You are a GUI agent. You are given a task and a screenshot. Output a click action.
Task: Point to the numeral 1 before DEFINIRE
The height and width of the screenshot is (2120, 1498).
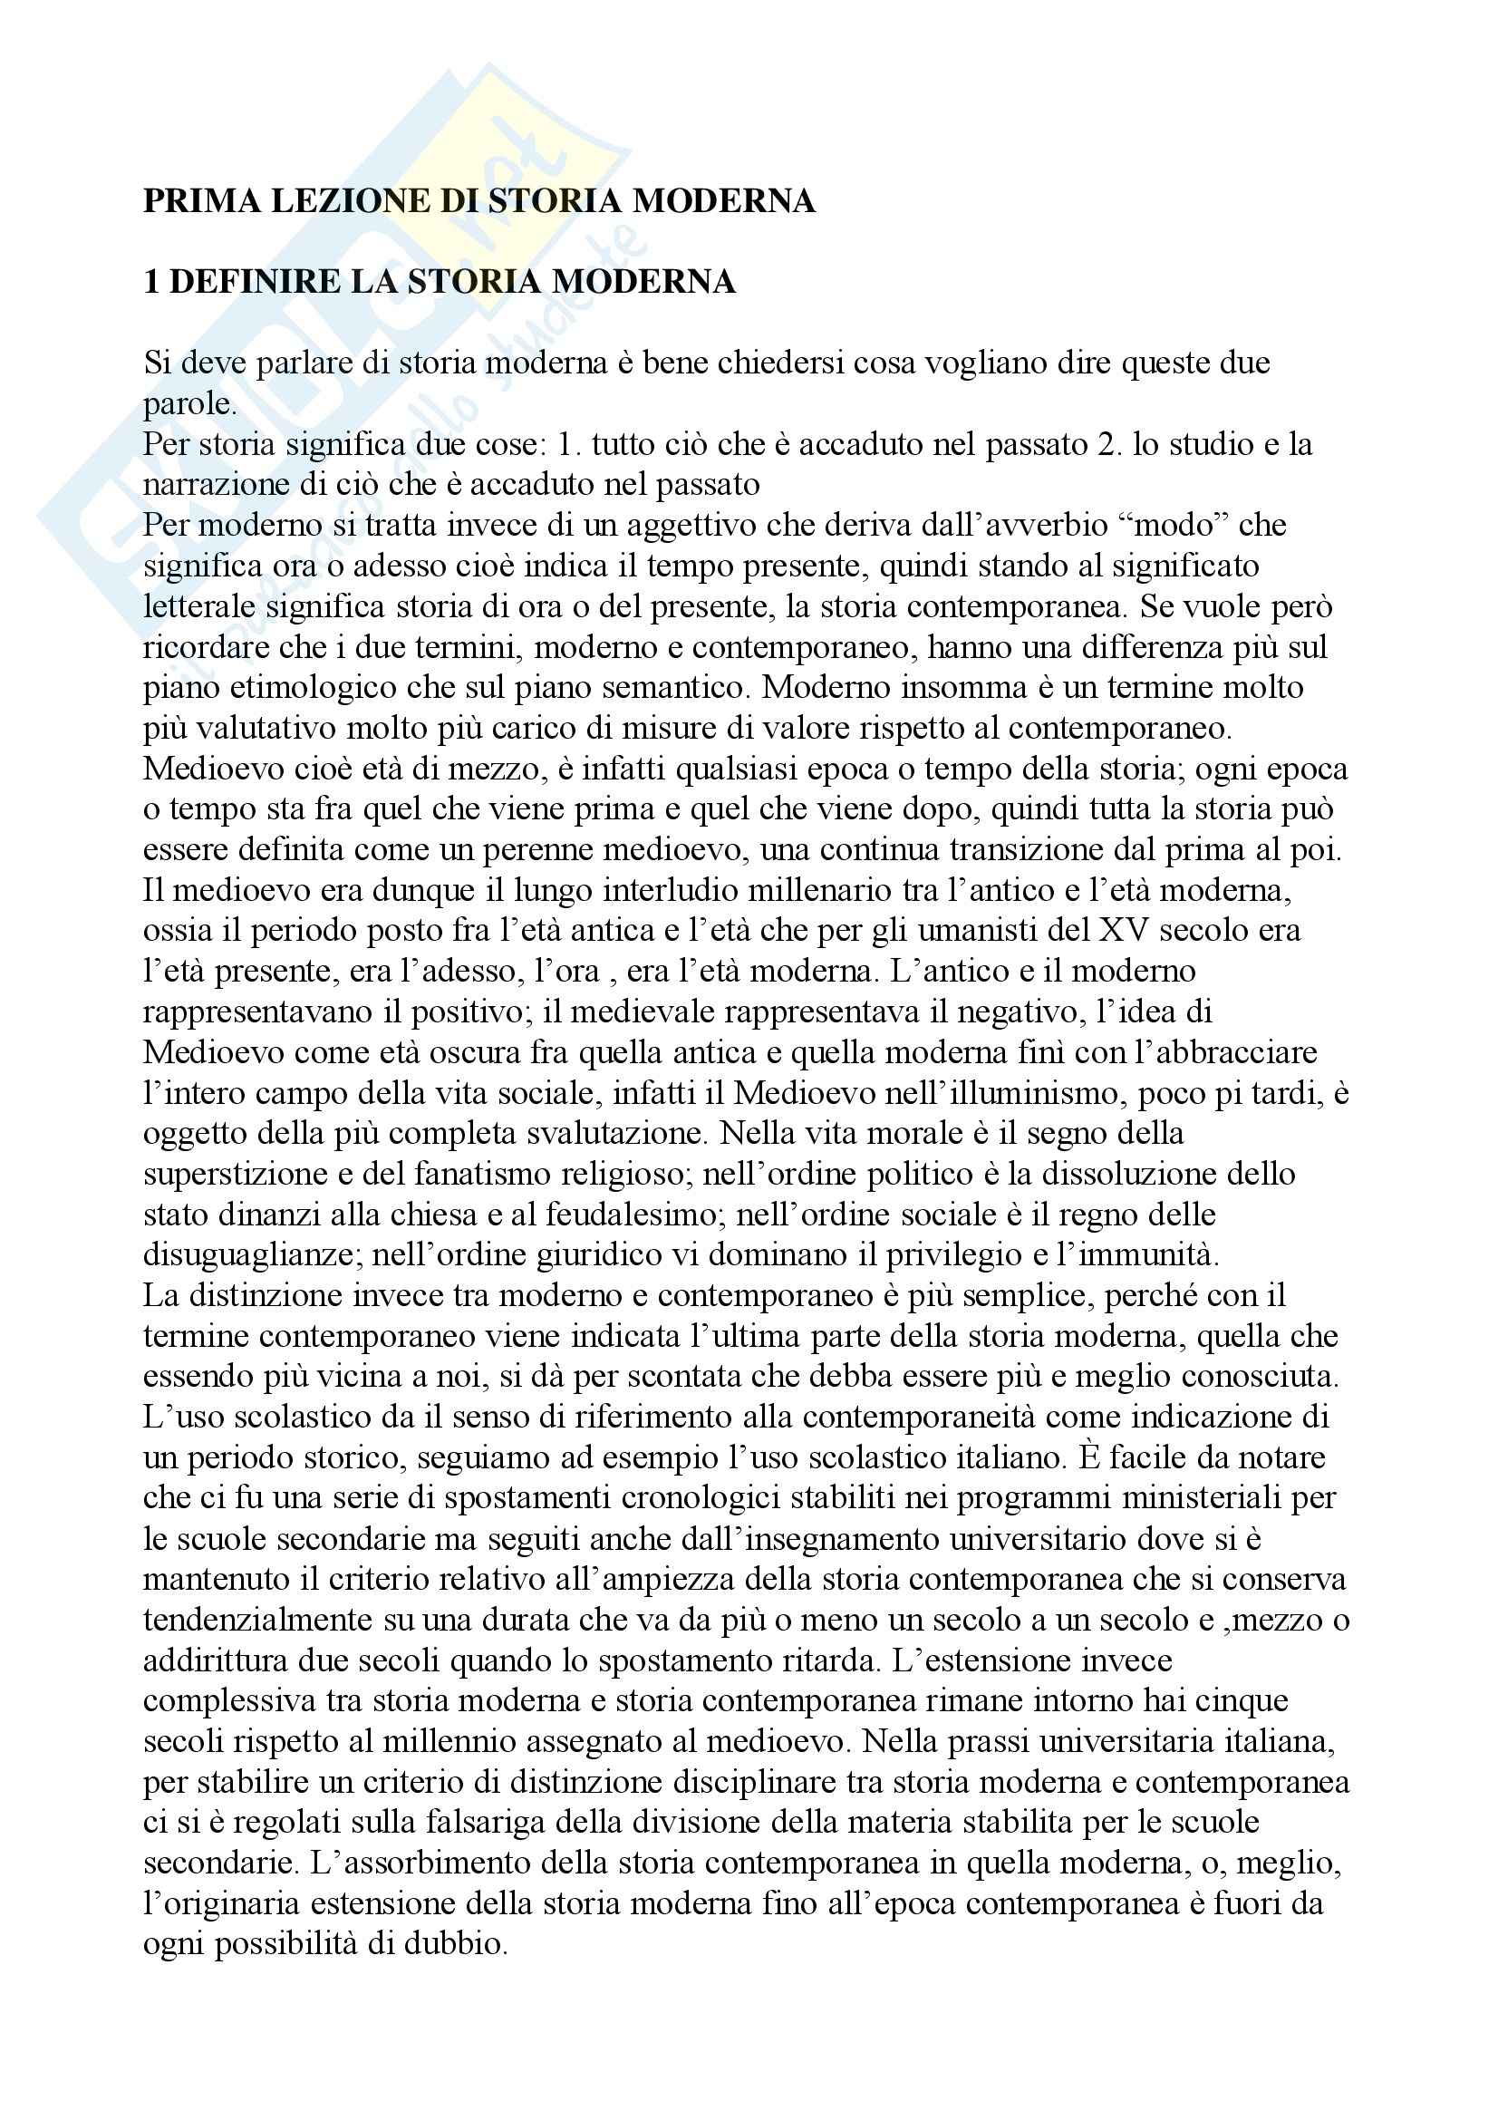coord(151,282)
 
